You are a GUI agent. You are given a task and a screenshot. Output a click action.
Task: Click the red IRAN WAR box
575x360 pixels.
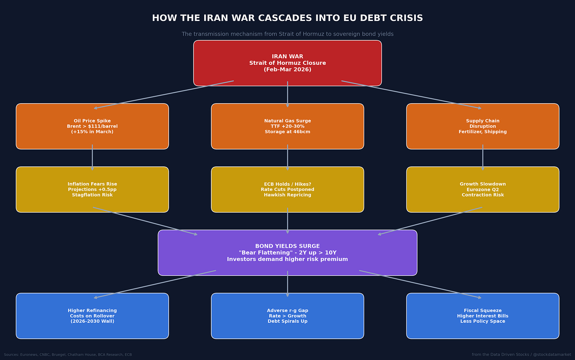(287, 63)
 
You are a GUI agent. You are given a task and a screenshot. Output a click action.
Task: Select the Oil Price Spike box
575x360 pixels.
(92, 126)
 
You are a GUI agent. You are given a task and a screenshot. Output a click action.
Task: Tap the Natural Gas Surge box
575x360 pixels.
(287, 126)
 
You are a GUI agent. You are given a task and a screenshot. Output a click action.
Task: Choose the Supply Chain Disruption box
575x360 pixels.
(483, 126)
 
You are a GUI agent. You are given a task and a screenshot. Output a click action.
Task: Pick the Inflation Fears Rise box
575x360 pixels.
(92, 189)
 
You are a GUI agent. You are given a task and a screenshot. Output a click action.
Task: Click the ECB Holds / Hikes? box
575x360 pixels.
(287, 189)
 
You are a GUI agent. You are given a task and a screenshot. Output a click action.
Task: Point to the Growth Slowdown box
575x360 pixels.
(483, 189)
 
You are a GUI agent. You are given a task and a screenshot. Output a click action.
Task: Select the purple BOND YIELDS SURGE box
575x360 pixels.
(287, 253)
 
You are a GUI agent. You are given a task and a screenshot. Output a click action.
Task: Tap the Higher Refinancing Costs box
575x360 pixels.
(92, 316)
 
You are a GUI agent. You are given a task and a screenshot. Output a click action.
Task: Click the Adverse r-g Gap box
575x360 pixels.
(287, 316)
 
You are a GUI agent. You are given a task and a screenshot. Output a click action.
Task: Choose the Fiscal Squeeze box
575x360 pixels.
(483, 316)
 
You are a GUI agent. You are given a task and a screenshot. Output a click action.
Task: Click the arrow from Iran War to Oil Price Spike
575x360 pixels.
(164, 94)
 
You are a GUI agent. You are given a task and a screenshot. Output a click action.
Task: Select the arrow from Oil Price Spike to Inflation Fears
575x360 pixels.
(92, 157)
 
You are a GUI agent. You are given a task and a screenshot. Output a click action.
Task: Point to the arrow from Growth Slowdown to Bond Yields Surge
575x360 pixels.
(430, 221)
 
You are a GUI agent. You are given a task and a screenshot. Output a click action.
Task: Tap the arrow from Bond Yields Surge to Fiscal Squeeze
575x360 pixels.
(420, 284)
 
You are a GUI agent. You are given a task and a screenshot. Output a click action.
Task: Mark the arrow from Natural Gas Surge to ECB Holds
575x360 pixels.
(287, 157)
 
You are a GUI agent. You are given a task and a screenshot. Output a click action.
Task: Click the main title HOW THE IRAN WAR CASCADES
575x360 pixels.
(287, 18)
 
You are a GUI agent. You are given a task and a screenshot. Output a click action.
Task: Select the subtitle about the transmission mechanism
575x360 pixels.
(287, 34)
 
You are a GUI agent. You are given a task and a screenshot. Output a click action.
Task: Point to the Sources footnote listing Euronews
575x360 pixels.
(68, 354)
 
